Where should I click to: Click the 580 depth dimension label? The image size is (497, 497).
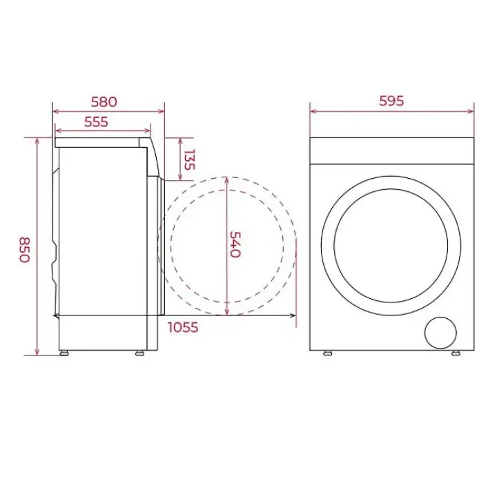(x=104, y=102)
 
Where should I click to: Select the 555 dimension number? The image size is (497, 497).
(x=96, y=122)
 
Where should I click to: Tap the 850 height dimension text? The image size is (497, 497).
(x=24, y=250)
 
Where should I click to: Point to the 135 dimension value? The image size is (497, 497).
(x=189, y=159)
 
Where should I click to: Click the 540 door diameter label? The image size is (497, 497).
(x=235, y=244)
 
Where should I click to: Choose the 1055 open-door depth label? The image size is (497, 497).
(x=183, y=327)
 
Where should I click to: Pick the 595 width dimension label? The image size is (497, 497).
(x=391, y=101)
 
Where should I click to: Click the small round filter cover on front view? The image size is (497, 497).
(x=440, y=333)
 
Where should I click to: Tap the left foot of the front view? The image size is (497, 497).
(x=328, y=353)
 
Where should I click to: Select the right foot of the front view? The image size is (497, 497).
(x=456, y=353)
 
